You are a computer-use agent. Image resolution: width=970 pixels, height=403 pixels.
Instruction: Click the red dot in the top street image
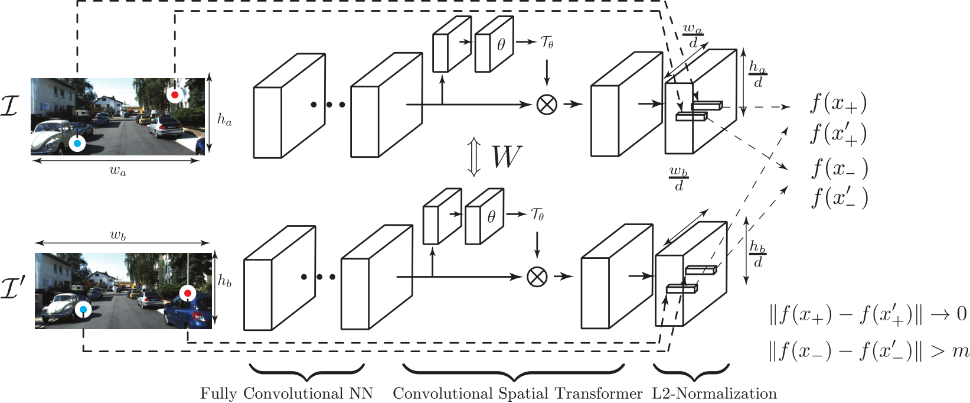[x=174, y=95]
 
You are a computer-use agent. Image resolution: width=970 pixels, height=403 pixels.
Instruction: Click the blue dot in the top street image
[x=77, y=143]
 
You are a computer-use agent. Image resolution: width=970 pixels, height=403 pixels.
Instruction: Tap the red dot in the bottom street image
[x=188, y=293]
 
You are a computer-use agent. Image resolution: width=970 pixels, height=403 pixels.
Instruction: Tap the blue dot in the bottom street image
[x=84, y=309]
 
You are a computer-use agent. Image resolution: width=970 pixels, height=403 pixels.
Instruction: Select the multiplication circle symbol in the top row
[x=547, y=105]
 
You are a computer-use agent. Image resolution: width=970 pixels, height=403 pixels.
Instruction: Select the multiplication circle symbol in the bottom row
[x=537, y=277]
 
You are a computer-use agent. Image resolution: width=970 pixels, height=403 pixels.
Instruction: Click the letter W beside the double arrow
[x=506, y=157]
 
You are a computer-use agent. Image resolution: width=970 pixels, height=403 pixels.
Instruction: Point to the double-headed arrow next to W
[x=473, y=158]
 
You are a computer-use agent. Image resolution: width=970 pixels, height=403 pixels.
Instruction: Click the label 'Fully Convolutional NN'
[x=286, y=394]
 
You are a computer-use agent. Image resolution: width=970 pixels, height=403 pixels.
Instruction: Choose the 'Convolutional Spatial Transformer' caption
[x=517, y=394]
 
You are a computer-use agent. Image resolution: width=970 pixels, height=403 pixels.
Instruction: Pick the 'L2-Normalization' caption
[x=714, y=394]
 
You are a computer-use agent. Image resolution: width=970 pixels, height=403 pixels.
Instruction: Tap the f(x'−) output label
[x=839, y=197]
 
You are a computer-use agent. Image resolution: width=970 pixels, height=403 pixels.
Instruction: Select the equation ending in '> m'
[x=868, y=352]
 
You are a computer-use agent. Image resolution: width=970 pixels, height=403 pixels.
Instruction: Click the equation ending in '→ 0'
[x=868, y=314]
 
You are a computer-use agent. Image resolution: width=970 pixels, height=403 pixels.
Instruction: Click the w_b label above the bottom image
[x=118, y=235]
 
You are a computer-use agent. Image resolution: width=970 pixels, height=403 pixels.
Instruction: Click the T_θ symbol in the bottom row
[x=537, y=214]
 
